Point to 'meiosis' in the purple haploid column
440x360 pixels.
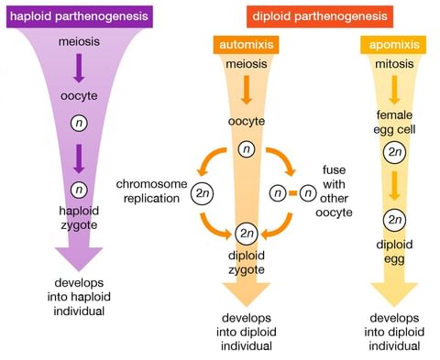tap(79, 44)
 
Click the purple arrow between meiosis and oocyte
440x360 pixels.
tap(79, 69)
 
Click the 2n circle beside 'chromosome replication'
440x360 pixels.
tap(203, 193)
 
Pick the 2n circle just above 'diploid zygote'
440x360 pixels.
tap(246, 233)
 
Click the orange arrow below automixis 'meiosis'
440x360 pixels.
tap(245, 89)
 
